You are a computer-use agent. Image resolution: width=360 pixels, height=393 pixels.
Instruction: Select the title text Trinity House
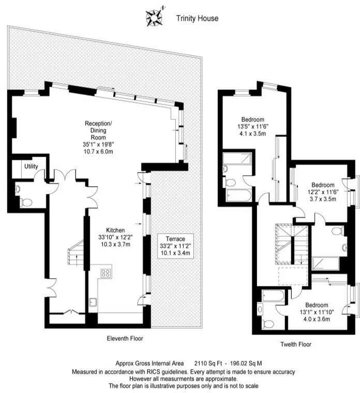click(x=197, y=19)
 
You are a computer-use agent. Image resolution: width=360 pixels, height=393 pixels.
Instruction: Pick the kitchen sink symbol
click(x=93, y=303)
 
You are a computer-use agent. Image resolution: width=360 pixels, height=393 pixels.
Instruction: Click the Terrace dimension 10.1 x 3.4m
click(x=175, y=254)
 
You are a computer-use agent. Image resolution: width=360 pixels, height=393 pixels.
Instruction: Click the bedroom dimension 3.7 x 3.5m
click(x=323, y=199)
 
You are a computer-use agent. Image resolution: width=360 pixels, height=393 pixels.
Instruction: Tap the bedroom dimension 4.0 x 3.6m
click(x=316, y=319)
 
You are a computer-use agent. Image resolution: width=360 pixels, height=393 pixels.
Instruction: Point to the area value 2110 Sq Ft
click(x=211, y=364)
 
